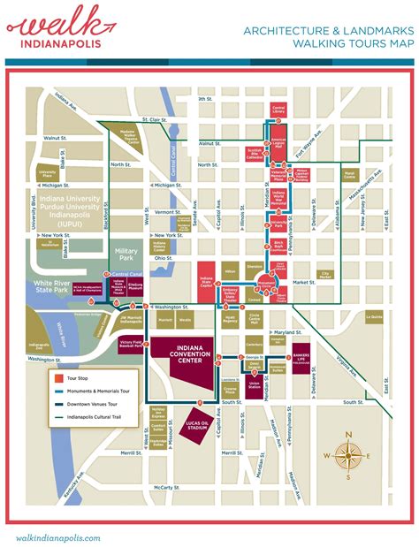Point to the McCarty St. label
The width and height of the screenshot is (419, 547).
[168, 487]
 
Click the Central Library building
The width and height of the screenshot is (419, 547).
[278, 110]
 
